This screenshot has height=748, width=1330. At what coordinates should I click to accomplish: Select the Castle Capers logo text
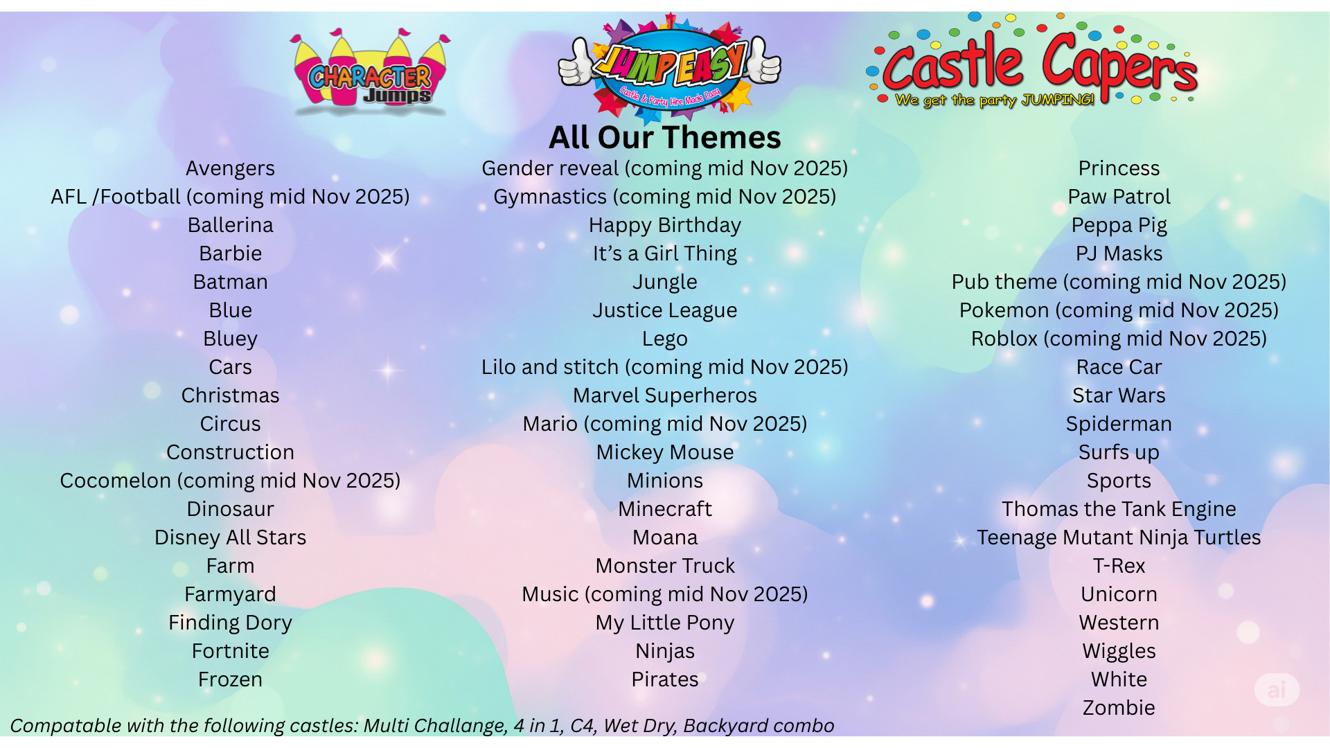click(1039, 62)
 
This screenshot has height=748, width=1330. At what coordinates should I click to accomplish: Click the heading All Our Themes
click(664, 137)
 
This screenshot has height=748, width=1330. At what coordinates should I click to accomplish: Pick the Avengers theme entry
click(230, 168)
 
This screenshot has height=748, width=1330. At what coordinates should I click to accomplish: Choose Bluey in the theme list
click(230, 339)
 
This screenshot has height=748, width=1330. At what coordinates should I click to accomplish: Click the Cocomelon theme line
click(230, 481)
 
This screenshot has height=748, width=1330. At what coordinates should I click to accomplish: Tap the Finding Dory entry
click(230, 623)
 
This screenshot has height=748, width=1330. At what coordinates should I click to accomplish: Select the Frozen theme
click(230, 679)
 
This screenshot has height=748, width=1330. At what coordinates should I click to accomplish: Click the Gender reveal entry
click(664, 168)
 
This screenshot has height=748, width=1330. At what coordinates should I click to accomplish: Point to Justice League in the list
click(664, 310)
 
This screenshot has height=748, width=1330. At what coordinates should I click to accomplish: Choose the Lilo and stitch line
click(664, 367)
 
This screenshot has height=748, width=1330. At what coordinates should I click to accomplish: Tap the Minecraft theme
click(664, 509)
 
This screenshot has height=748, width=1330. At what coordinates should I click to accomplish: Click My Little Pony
click(664, 623)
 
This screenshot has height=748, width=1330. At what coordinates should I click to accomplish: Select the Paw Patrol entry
click(1119, 197)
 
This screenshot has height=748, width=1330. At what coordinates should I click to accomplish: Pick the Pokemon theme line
click(1119, 310)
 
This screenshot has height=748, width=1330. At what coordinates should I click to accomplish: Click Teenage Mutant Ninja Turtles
click(1119, 537)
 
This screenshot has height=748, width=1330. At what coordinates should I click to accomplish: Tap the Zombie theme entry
click(1119, 708)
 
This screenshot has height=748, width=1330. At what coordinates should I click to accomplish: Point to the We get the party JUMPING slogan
click(994, 100)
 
